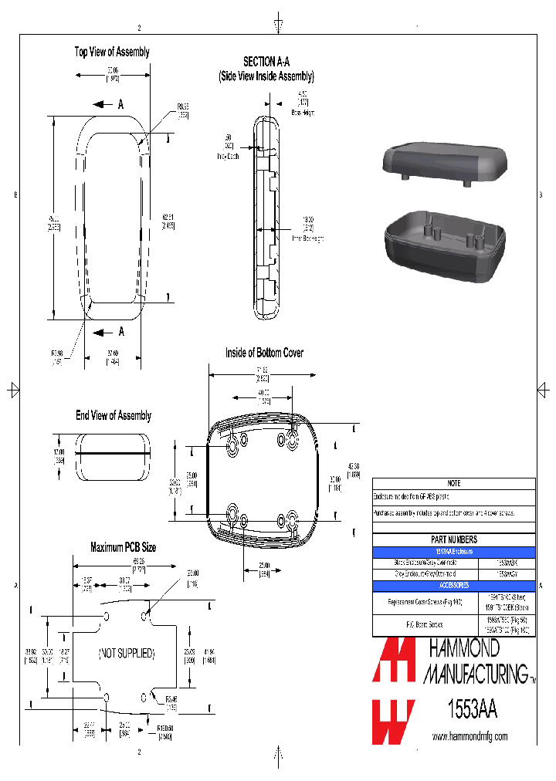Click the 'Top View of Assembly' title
112,52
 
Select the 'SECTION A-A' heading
266,62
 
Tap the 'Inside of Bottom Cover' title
264,353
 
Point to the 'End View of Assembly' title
114,415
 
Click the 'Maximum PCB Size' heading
124,547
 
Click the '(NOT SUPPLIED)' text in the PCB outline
127,653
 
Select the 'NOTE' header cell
453,483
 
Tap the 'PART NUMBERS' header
453,540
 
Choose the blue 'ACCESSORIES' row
453,586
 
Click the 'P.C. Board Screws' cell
425,625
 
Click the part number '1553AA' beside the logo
472,708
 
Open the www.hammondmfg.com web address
470,737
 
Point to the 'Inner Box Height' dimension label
308,238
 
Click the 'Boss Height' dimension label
303,113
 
